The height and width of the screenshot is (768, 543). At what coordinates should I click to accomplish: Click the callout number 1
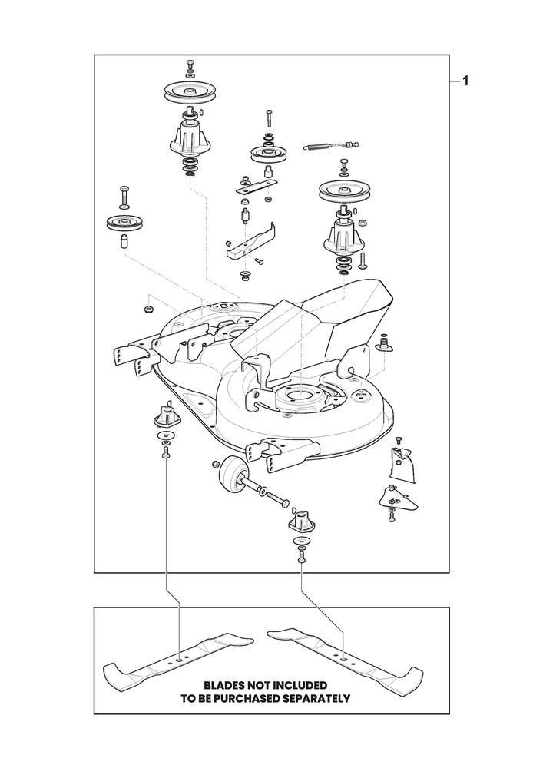tap(465, 81)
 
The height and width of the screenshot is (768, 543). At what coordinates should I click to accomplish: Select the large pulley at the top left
tap(189, 93)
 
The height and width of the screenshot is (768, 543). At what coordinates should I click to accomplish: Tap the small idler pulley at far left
tap(124, 223)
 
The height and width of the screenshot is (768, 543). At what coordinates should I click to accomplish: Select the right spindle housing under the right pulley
tap(344, 233)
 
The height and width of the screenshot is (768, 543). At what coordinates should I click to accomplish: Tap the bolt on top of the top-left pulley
tap(190, 65)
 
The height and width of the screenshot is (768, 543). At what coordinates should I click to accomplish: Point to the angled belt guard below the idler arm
tap(250, 241)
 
